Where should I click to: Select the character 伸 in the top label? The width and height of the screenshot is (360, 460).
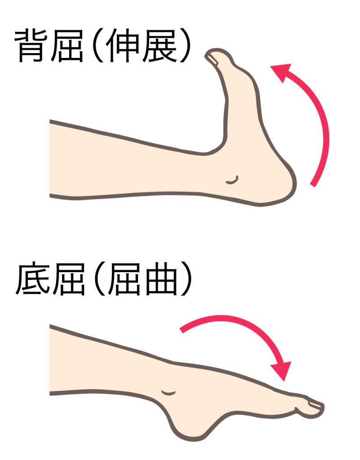(x=122, y=46)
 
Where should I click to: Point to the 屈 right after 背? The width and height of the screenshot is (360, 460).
(x=67, y=46)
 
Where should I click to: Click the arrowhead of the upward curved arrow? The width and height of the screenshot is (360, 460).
(x=281, y=72)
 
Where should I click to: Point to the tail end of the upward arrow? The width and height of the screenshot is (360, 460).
(x=313, y=185)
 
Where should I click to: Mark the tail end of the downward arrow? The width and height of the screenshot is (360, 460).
(x=182, y=330)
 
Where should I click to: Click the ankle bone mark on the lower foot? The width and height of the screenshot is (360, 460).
(x=169, y=393)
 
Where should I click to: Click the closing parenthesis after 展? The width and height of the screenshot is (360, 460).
(x=186, y=46)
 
